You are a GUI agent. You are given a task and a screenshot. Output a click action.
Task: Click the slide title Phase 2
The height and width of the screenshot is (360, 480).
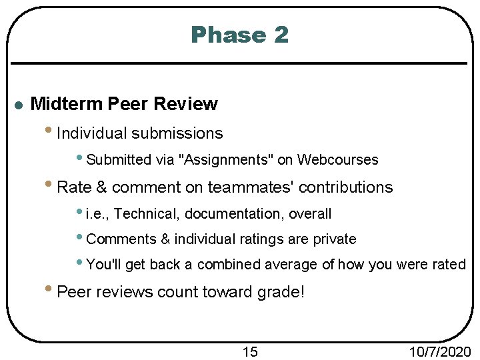239,35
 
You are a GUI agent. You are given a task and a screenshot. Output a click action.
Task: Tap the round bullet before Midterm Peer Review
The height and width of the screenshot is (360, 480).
19,105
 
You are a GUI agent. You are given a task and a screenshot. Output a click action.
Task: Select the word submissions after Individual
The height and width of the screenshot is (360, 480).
177,134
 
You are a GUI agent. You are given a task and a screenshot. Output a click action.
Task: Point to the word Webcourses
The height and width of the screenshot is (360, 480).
337,160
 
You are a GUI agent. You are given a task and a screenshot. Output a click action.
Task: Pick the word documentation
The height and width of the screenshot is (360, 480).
233,214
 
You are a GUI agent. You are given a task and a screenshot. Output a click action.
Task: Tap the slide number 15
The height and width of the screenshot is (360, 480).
249,351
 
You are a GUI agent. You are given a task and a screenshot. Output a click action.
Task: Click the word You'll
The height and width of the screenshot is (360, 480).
105,265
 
